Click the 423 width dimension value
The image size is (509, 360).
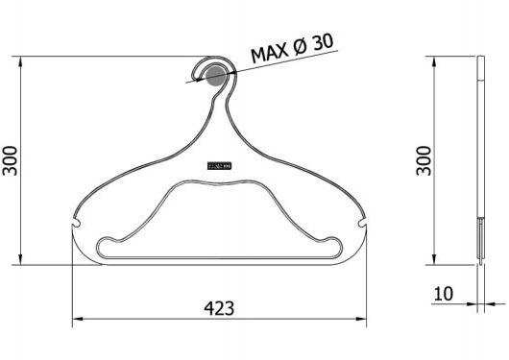219,308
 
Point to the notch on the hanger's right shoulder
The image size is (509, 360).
362,225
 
